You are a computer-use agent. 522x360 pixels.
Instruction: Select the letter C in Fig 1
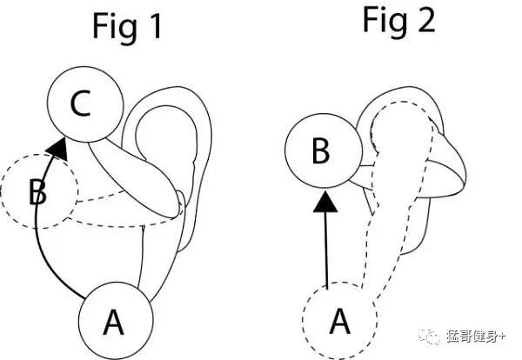(x=80, y=104)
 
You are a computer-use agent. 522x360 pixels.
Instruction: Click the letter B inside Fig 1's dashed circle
(x=37, y=191)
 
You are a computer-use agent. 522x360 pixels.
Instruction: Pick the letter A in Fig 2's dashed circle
(x=340, y=322)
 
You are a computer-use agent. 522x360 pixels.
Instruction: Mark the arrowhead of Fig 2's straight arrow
(x=326, y=203)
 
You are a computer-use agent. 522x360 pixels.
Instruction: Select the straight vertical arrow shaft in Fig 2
(x=326, y=252)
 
